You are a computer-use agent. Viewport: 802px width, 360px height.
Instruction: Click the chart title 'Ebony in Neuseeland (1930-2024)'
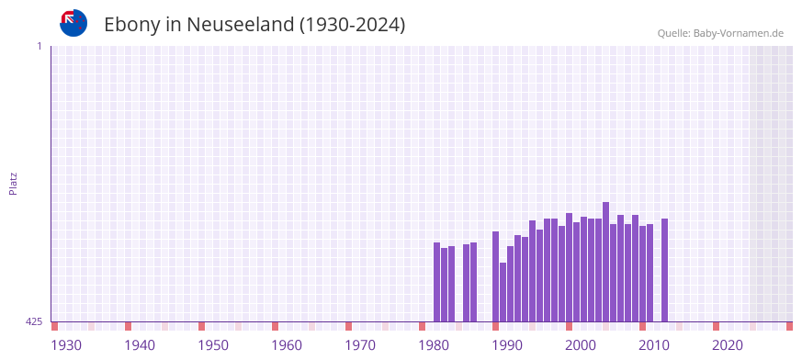point(254,25)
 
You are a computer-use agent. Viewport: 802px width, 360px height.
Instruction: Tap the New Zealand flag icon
point(73,23)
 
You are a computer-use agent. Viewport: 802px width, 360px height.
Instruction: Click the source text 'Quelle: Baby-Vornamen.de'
point(720,33)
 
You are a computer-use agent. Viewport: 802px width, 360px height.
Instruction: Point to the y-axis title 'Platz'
point(13,183)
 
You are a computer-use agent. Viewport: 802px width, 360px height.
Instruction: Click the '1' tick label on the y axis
point(39,46)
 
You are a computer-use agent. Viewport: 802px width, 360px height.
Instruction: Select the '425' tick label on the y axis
point(34,321)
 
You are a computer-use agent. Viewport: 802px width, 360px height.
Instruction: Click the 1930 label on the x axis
point(66,345)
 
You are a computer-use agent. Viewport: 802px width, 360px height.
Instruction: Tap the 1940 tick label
point(140,345)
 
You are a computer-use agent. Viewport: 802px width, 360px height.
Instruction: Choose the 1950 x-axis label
point(213,345)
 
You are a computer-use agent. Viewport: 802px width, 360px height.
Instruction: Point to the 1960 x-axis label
point(287,345)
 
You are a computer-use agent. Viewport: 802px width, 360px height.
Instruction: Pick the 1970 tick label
point(360,345)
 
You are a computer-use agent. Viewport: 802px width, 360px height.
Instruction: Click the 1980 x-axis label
point(434,345)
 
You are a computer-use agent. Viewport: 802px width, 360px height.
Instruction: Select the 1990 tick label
point(507,345)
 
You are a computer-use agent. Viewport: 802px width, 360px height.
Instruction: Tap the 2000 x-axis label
point(581,345)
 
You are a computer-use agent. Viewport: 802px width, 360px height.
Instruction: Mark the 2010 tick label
point(654,345)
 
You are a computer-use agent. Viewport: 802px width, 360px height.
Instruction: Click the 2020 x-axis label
point(728,345)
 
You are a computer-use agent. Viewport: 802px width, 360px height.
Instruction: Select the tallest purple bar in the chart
point(606,262)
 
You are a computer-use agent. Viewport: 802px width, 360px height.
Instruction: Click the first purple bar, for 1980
point(437,282)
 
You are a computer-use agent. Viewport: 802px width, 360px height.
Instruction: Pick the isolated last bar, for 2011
point(665,270)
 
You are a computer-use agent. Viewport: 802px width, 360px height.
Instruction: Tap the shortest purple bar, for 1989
point(503,292)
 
